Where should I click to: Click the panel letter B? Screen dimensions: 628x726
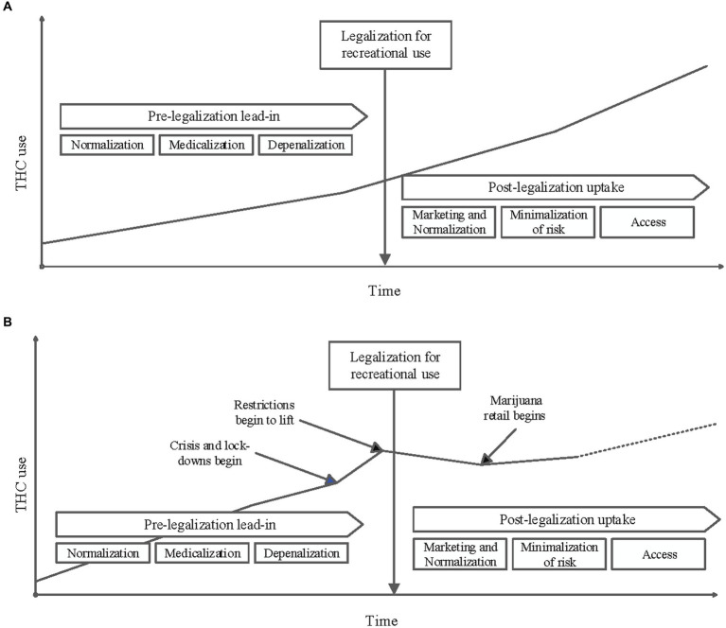click(8, 323)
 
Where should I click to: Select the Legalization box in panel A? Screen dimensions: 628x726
click(384, 44)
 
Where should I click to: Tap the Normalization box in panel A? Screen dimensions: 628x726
click(106, 146)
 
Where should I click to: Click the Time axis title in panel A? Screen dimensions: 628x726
click(384, 290)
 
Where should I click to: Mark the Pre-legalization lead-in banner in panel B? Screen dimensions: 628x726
click(208, 522)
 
